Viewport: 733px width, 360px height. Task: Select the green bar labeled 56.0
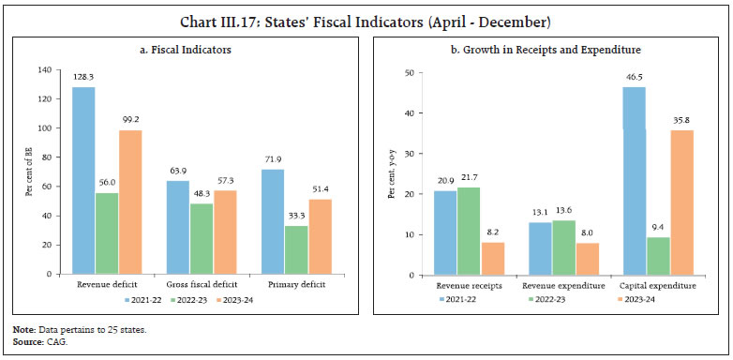click(107, 233)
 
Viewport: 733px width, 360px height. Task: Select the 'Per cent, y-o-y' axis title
click(391, 173)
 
